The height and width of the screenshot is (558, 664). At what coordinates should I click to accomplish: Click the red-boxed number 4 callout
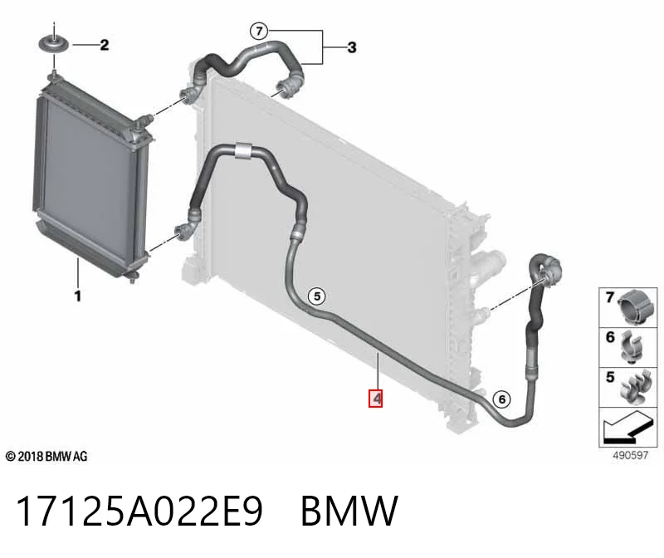click(x=376, y=399)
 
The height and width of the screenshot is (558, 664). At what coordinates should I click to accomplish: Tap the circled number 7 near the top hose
click(x=259, y=31)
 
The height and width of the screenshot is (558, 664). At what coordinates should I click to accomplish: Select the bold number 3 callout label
click(x=352, y=47)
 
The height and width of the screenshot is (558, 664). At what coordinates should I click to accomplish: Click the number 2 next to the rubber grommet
click(x=105, y=45)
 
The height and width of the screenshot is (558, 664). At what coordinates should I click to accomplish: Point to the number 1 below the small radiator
click(x=77, y=296)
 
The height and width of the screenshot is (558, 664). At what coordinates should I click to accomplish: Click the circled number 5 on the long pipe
click(x=317, y=296)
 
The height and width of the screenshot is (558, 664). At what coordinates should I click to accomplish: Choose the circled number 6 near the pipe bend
click(x=502, y=399)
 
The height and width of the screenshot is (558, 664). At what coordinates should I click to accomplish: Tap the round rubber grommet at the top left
click(x=54, y=45)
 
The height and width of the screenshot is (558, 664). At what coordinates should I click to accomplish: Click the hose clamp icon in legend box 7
click(x=635, y=308)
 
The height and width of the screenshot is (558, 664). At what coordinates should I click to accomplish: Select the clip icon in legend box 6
click(x=632, y=348)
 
